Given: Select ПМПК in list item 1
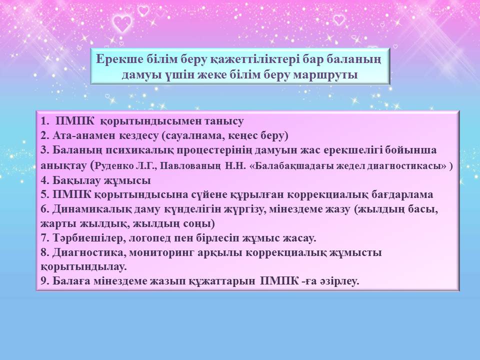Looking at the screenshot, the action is pos(75,121).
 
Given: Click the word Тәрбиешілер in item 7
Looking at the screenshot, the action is pos(87,238).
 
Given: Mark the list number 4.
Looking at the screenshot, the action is pos(45,180).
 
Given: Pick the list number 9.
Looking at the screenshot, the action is pos(45,281).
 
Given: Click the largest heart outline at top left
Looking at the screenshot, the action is pos(122,23).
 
